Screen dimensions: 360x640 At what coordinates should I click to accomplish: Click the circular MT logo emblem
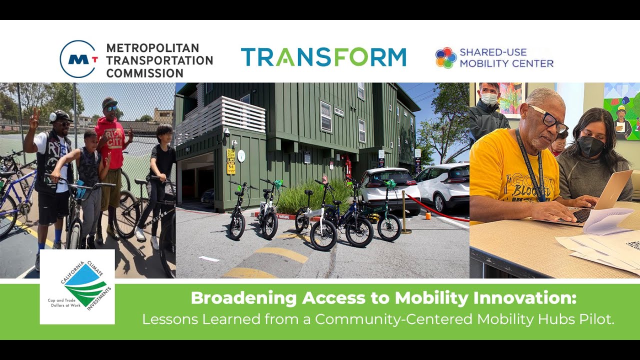[x=77, y=59]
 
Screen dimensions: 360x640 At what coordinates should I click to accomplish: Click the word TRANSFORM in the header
[x=323, y=57]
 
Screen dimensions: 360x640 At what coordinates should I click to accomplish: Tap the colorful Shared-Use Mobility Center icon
[x=445, y=58]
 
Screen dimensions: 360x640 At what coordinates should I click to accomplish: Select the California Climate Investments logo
[x=77, y=287]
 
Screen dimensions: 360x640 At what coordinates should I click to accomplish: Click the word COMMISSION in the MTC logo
[x=144, y=73]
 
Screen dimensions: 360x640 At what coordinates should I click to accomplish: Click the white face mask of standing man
[x=489, y=99]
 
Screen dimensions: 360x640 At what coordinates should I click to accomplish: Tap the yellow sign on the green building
[x=230, y=161]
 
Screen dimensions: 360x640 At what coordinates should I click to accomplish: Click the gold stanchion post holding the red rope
[x=404, y=212]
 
